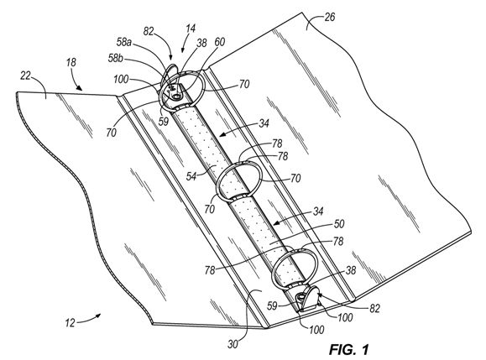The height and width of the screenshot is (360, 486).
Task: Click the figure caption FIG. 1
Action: [x=348, y=349]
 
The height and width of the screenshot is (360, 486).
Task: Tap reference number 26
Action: [x=330, y=17]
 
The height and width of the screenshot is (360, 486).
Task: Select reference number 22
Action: [x=26, y=76]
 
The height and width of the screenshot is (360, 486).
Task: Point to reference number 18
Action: [x=71, y=63]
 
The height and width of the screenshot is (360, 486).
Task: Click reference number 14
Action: [x=191, y=29]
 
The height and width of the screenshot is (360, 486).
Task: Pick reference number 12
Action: [x=70, y=323]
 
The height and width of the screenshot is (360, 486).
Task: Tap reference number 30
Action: [x=233, y=344]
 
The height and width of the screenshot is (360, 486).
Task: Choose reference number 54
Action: [x=191, y=176]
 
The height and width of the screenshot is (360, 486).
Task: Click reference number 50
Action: [x=339, y=224]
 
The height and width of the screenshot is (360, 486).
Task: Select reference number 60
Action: [x=219, y=42]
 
